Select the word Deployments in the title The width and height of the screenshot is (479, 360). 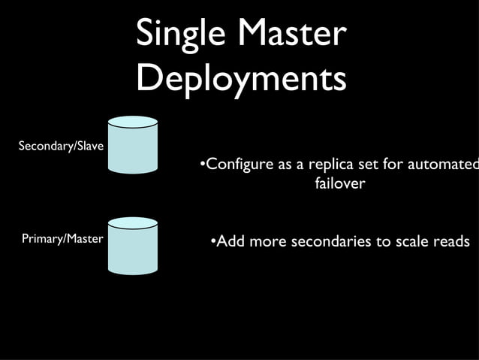pyautogui.click(x=241, y=78)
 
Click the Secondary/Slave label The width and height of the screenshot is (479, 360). pyautogui.click(x=61, y=146)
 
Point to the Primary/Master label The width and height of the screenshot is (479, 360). pyautogui.click(x=62, y=239)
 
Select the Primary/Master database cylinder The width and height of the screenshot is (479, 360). pyautogui.click(x=133, y=247)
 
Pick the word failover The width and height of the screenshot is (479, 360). pyautogui.click(x=339, y=183)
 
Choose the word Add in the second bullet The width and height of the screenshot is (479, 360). pyautogui.click(x=229, y=242)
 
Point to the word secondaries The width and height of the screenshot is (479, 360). pyautogui.click(x=331, y=242)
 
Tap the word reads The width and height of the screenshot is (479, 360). pyautogui.click(x=452, y=242)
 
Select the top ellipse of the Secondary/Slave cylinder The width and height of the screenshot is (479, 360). pyautogui.click(x=133, y=122)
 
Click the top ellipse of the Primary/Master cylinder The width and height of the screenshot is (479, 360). pyautogui.click(x=133, y=222)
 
